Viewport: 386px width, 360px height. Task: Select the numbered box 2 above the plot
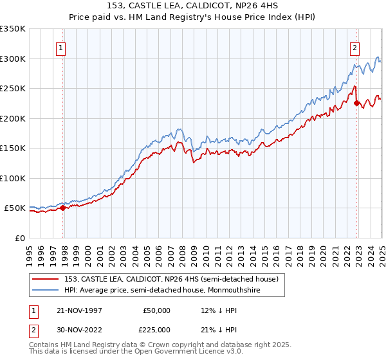click(354, 46)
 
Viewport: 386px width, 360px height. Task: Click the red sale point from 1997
click(62, 208)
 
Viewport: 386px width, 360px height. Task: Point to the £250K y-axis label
click(13, 88)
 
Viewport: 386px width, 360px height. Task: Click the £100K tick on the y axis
click(13, 178)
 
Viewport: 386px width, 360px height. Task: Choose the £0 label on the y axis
click(19, 238)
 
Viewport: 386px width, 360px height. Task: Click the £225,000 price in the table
click(157, 330)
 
